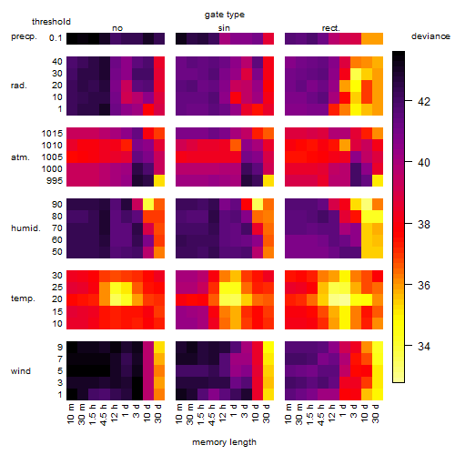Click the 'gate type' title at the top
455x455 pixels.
tap(225, 15)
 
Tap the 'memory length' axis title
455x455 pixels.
tap(224, 442)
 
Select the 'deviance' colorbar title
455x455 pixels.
tap(430, 36)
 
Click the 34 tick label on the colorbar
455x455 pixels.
tap(424, 346)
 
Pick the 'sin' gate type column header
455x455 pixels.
tap(224, 28)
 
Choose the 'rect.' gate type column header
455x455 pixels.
tap(330, 28)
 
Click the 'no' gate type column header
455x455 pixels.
tap(117, 28)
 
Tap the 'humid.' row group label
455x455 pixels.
tap(25, 228)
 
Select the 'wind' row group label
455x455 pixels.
tap(21, 370)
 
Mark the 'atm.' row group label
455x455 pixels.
tap(20, 157)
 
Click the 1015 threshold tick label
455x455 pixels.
tap(52, 134)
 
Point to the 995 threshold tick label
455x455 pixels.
tap(55, 181)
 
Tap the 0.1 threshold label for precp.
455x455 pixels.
tap(56, 38)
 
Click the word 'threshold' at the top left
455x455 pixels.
tap(51, 22)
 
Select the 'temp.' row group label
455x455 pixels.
tap(23, 298)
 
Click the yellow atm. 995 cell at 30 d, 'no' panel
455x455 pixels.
tap(159, 181)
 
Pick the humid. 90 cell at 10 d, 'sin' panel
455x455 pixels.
tap(258, 205)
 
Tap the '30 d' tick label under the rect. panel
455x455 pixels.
tap(376, 413)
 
